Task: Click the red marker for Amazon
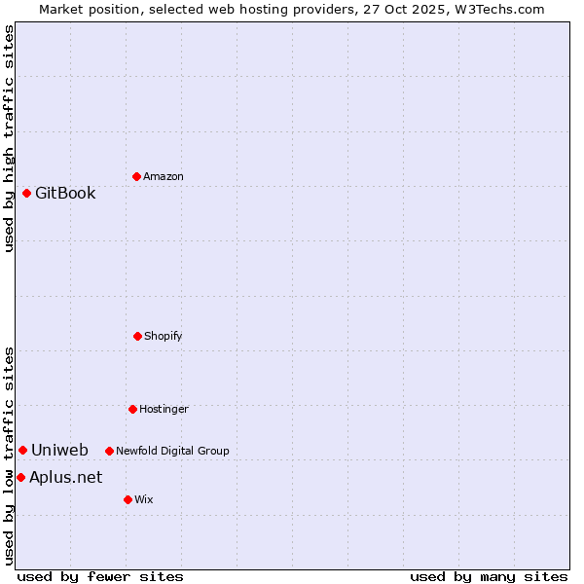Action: (x=136, y=176)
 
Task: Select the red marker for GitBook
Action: (x=26, y=193)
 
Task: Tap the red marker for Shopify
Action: (x=137, y=336)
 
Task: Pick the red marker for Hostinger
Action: (x=132, y=409)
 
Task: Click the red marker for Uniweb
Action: (x=22, y=450)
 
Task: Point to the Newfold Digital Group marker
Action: (x=109, y=451)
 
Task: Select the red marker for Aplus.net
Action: (x=20, y=477)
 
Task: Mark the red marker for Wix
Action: (x=128, y=499)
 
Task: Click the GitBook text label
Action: (x=65, y=193)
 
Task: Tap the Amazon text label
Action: (x=164, y=176)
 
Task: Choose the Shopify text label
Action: (x=164, y=336)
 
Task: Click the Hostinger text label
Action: (x=164, y=409)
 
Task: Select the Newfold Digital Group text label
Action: (x=172, y=451)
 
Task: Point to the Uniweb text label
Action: (x=59, y=450)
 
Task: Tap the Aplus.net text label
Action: (x=65, y=477)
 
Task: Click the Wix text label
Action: (x=144, y=499)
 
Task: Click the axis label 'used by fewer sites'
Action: (x=100, y=576)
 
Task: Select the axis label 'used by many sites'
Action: (x=489, y=576)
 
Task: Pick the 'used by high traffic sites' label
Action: (x=9, y=138)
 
